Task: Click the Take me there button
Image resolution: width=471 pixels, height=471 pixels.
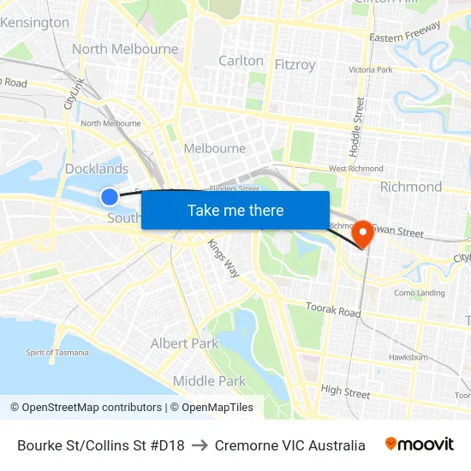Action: pyautogui.click(x=235, y=210)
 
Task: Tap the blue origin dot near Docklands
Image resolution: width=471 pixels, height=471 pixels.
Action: pyautogui.click(x=110, y=197)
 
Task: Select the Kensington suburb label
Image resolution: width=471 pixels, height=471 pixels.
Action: pyautogui.click(x=35, y=22)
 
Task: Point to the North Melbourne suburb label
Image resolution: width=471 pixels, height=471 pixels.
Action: pyautogui.click(x=125, y=49)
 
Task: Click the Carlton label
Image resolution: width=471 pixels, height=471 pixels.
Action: pyautogui.click(x=241, y=61)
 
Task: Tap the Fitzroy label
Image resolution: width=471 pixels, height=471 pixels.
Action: pyautogui.click(x=295, y=64)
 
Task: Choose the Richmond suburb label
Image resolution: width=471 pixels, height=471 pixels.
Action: pyautogui.click(x=411, y=187)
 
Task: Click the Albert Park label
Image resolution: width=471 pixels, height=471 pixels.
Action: pyautogui.click(x=184, y=343)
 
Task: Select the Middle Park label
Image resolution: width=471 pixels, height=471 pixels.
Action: pyautogui.click(x=209, y=381)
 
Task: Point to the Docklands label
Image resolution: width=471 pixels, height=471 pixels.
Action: pyautogui.click(x=97, y=169)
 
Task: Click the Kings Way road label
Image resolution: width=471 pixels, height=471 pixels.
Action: pyautogui.click(x=223, y=257)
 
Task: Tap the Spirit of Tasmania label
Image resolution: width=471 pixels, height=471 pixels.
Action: pyautogui.click(x=58, y=353)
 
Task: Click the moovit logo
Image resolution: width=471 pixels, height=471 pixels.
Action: pyautogui.click(x=419, y=444)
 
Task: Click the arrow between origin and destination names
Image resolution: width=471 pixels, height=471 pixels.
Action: pyautogui.click(x=200, y=445)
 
